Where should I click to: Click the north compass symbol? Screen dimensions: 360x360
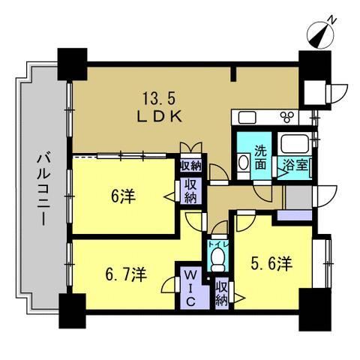(321, 34)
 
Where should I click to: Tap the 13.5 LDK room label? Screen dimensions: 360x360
(160, 107)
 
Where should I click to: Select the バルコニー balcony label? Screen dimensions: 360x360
(44, 190)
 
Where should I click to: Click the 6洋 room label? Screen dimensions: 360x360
(123, 196)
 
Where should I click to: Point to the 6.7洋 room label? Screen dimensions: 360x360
(126, 274)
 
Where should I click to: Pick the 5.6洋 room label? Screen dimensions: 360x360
(271, 263)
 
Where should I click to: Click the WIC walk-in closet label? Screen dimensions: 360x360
(190, 289)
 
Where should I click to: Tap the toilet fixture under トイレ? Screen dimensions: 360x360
(217, 260)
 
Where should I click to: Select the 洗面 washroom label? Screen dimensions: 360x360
(261, 157)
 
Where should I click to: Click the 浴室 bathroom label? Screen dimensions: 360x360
(295, 165)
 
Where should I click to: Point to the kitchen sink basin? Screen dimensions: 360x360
(247, 118)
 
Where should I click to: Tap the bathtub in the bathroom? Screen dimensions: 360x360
(294, 144)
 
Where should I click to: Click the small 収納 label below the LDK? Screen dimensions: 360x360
(191, 166)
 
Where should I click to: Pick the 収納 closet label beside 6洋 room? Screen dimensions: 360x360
(190, 191)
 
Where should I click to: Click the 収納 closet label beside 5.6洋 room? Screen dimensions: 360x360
(222, 293)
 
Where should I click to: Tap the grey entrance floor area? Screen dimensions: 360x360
(298, 197)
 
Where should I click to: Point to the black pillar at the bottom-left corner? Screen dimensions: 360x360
(73, 310)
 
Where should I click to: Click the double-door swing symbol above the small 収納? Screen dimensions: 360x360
(191, 148)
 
